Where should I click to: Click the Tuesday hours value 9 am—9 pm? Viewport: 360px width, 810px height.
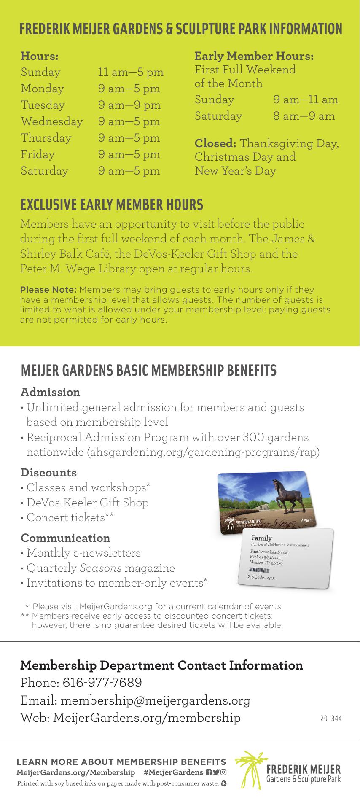(129, 105)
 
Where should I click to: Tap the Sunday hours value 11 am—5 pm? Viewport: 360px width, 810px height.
(131, 72)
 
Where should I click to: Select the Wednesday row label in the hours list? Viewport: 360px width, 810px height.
(52, 121)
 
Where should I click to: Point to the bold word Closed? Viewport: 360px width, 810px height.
(215, 143)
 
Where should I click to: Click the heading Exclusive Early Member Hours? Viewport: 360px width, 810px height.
(112, 205)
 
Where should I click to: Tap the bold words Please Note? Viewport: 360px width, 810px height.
(48, 290)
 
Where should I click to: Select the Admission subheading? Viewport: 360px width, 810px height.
(50, 392)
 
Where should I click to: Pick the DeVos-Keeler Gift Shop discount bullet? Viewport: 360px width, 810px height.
(87, 503)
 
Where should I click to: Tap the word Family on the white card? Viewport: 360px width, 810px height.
(261, 538)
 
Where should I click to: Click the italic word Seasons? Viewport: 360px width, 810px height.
(100, 568)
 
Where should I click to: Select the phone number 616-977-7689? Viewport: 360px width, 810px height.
(102, 683)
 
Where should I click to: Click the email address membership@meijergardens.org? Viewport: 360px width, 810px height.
(156, 700)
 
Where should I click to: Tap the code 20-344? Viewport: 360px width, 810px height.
(330, 718)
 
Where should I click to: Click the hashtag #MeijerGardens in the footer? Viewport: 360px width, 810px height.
(173, 772)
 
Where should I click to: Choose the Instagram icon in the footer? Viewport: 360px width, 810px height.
(223, 772)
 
